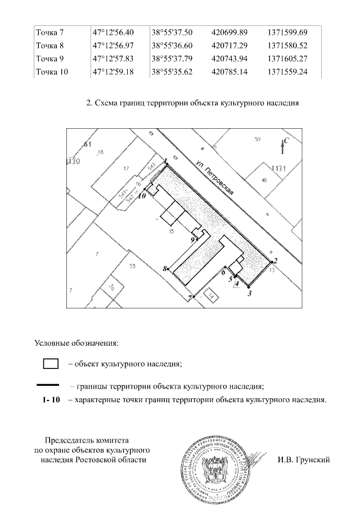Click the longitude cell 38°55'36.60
pos(172,45)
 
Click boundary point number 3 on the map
pos(249,287)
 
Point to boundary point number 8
pos(168,270)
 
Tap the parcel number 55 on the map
pos(133,267)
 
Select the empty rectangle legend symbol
pos(51,363)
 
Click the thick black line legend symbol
pos(47,386)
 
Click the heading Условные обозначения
pos(76,341)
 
